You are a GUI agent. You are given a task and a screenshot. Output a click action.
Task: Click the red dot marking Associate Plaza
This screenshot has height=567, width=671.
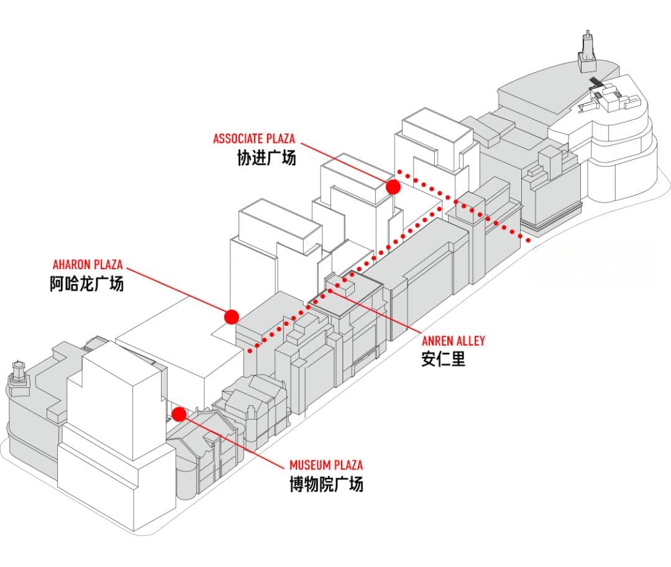click(393, 187)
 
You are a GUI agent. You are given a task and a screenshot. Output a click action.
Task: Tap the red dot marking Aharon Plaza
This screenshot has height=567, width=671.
click(232, 316)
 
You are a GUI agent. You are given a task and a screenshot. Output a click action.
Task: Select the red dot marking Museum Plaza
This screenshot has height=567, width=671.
click(180, 414)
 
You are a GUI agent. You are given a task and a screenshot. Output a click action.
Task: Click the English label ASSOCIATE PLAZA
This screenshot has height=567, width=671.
click(254, 139)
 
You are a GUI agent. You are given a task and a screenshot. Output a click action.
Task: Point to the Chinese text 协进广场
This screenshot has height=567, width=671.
click(267, 158)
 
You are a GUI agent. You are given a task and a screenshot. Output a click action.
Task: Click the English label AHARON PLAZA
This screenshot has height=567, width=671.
click(88, 265)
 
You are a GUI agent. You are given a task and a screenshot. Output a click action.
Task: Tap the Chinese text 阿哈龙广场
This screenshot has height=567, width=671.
click(87, 284)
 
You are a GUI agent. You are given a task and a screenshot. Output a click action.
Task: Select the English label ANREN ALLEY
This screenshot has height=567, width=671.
click(454, 341)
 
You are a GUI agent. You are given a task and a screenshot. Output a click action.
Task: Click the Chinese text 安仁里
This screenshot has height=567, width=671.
click(443, 359)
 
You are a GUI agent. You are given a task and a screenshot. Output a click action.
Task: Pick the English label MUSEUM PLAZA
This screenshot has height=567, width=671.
click(326, 465)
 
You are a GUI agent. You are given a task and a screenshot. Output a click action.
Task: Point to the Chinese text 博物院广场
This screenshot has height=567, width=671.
click(326, 484)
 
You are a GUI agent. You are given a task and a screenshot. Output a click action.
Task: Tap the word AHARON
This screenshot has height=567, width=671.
click(70, 265)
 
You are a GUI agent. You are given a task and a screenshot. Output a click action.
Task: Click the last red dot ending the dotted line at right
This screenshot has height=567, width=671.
click(528, 240)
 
